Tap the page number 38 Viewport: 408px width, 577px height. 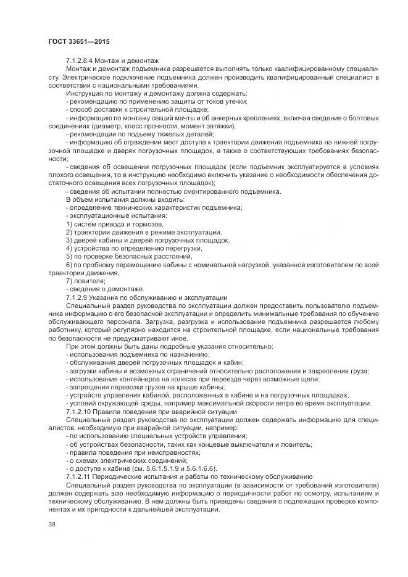point(52,525)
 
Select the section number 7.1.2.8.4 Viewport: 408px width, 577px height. point(82,61)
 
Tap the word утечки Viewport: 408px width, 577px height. point(235,101)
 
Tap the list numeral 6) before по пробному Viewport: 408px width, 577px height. point(70,265)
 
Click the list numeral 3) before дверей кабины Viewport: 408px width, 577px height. point(70,241)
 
